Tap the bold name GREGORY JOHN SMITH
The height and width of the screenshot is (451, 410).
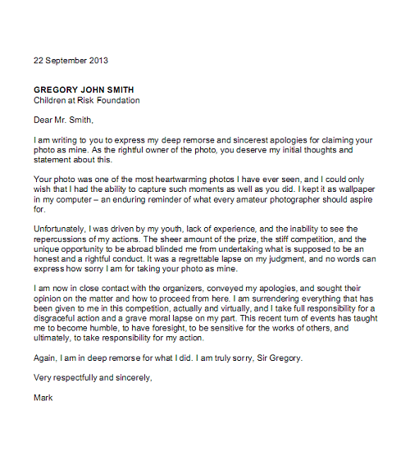84,89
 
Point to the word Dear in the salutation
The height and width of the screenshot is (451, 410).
43,120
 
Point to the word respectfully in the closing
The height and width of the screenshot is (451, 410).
78,378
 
